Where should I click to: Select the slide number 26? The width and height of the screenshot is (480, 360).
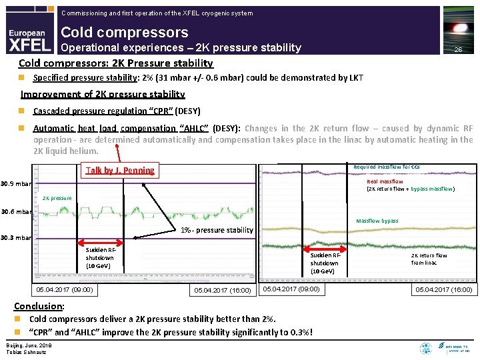click(457, 50)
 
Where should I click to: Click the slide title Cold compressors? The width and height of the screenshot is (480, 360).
click(125, 32)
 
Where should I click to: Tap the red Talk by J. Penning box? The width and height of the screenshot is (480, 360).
click(120, 170)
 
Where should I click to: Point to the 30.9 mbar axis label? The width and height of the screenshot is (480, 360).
click(16, 183)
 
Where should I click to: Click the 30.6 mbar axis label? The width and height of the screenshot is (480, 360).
click(16, 212)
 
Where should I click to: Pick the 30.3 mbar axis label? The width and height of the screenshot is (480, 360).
click(16, 238)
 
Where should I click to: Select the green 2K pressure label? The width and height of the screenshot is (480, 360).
click(57, 198)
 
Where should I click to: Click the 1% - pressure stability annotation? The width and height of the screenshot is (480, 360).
click(217, 231)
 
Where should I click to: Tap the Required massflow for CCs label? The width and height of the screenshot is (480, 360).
click(386, 167)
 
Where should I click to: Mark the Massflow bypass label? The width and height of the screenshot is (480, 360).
click(377, 221)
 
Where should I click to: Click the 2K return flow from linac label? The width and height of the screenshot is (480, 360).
click(429, 259)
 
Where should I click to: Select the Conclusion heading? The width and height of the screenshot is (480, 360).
click(39, 306)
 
